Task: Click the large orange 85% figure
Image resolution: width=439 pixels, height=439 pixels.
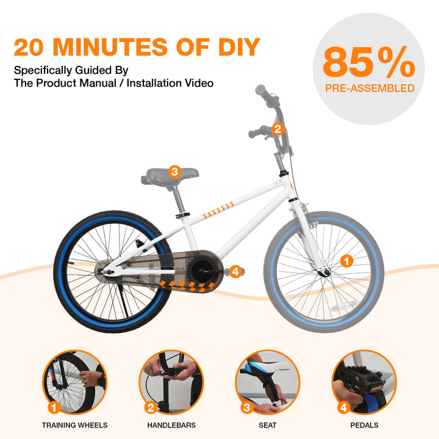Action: pos(369,62)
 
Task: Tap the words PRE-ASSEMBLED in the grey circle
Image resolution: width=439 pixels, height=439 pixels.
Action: pos(369,88)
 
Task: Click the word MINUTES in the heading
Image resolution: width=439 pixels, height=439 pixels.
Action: pos(110,47)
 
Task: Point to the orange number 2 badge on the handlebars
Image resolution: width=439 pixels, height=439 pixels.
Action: pos(278,129)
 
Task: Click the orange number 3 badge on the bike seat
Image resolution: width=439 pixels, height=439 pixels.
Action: pos(175,171)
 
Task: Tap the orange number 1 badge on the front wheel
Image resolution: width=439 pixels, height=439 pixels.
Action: pos(346,261)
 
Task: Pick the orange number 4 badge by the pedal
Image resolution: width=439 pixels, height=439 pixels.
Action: pos(236,271)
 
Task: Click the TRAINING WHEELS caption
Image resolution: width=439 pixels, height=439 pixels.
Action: pos(75,426)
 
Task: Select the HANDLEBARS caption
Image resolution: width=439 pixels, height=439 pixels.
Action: pos(171,426)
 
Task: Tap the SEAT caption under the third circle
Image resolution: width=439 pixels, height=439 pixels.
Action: pos(268,426)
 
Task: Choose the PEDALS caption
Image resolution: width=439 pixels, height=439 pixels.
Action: pos(364,426)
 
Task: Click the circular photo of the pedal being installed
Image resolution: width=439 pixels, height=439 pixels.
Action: pos(364,382)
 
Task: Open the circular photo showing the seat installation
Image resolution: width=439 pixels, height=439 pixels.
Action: pos(268,382)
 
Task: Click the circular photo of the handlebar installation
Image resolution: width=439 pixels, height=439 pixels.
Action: pos(171,382)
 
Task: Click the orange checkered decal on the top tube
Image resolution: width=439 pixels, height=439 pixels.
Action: pos(218,210)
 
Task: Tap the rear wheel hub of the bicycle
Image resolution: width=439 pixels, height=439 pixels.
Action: pos(107,271)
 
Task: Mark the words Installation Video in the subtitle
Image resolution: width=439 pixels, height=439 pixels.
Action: pos(170,83)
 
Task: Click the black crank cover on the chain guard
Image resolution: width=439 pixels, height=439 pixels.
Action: pos(202,271)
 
